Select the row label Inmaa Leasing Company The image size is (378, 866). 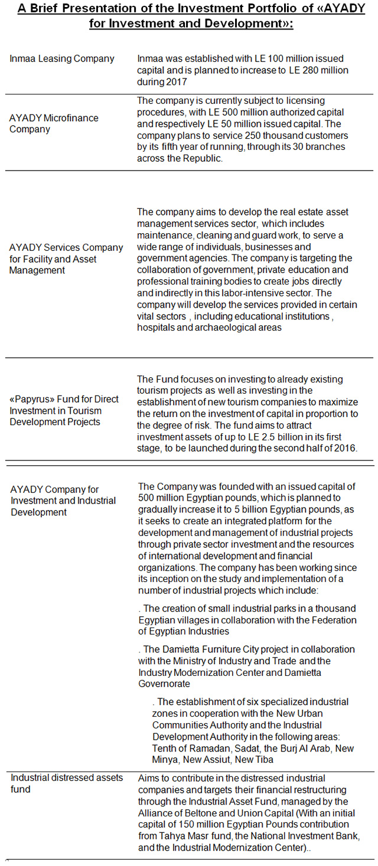pyautogui.click(x=61, y=58)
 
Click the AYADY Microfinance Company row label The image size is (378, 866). pyautogui.click(x=54, y=123)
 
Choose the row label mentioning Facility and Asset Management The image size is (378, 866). pyautogui.click(x=66, y=259)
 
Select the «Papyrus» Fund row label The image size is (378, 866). pyautogui.click(x=64, y=410)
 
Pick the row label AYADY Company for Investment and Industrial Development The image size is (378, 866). pyautogui.click(x=63, y=501)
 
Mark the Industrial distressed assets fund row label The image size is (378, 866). pyautogui.click(x=66, y=783)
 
